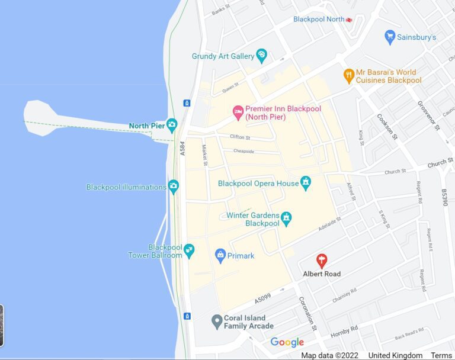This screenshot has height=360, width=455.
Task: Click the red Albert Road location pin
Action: [x=322, y=260]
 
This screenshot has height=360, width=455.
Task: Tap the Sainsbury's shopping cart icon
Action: [x=390, y=37]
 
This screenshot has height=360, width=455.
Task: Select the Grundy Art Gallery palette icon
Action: [x=261, y=56]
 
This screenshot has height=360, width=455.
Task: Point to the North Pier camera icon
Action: [x=172, y=125]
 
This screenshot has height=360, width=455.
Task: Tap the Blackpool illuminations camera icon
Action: [x=173, y=187]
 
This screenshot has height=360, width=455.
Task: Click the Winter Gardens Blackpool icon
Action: [x=286, y=218]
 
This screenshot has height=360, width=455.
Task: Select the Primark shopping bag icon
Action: [x=220, y=256]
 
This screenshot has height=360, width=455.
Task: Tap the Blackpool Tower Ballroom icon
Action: [x=189, y=250]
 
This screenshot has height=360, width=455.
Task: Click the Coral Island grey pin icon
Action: [x=217, y=322]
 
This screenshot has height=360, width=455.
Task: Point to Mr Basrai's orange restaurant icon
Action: [x=349, y=76]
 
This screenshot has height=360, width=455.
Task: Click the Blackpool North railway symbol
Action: [x=349, y=20]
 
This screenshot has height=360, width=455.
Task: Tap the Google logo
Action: [x=287, y=342]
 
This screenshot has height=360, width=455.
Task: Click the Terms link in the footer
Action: [x=441, y=355]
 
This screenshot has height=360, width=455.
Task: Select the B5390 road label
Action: [x=445, y=198]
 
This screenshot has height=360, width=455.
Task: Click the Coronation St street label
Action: [x=309, y=314]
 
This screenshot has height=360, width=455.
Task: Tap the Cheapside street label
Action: [x=243, y=151]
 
